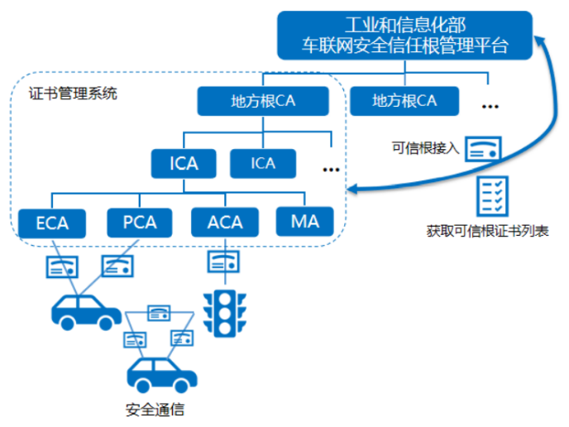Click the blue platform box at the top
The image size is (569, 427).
(404, 36)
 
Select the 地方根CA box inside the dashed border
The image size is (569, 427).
(263, 101)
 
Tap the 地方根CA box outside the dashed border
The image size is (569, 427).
(404, 101)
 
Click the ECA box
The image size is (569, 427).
(52, 223)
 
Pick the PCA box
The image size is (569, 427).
(140, 223)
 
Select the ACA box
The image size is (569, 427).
(225, 223)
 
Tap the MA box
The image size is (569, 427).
(305, 222)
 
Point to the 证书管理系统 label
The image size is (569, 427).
(73, 94)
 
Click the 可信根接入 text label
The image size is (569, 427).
(426, 148)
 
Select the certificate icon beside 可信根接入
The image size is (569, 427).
(483, 149)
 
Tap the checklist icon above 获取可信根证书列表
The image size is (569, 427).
(492, 196)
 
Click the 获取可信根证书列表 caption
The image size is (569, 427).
(487, 231)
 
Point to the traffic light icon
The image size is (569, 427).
(225, 314)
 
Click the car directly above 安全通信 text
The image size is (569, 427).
(162, 375)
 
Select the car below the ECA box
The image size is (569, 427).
(86, 312)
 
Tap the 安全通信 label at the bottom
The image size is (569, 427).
(155, 410)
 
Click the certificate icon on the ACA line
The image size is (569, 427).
(223, 261)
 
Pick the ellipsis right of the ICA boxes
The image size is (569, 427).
(331, 170)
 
